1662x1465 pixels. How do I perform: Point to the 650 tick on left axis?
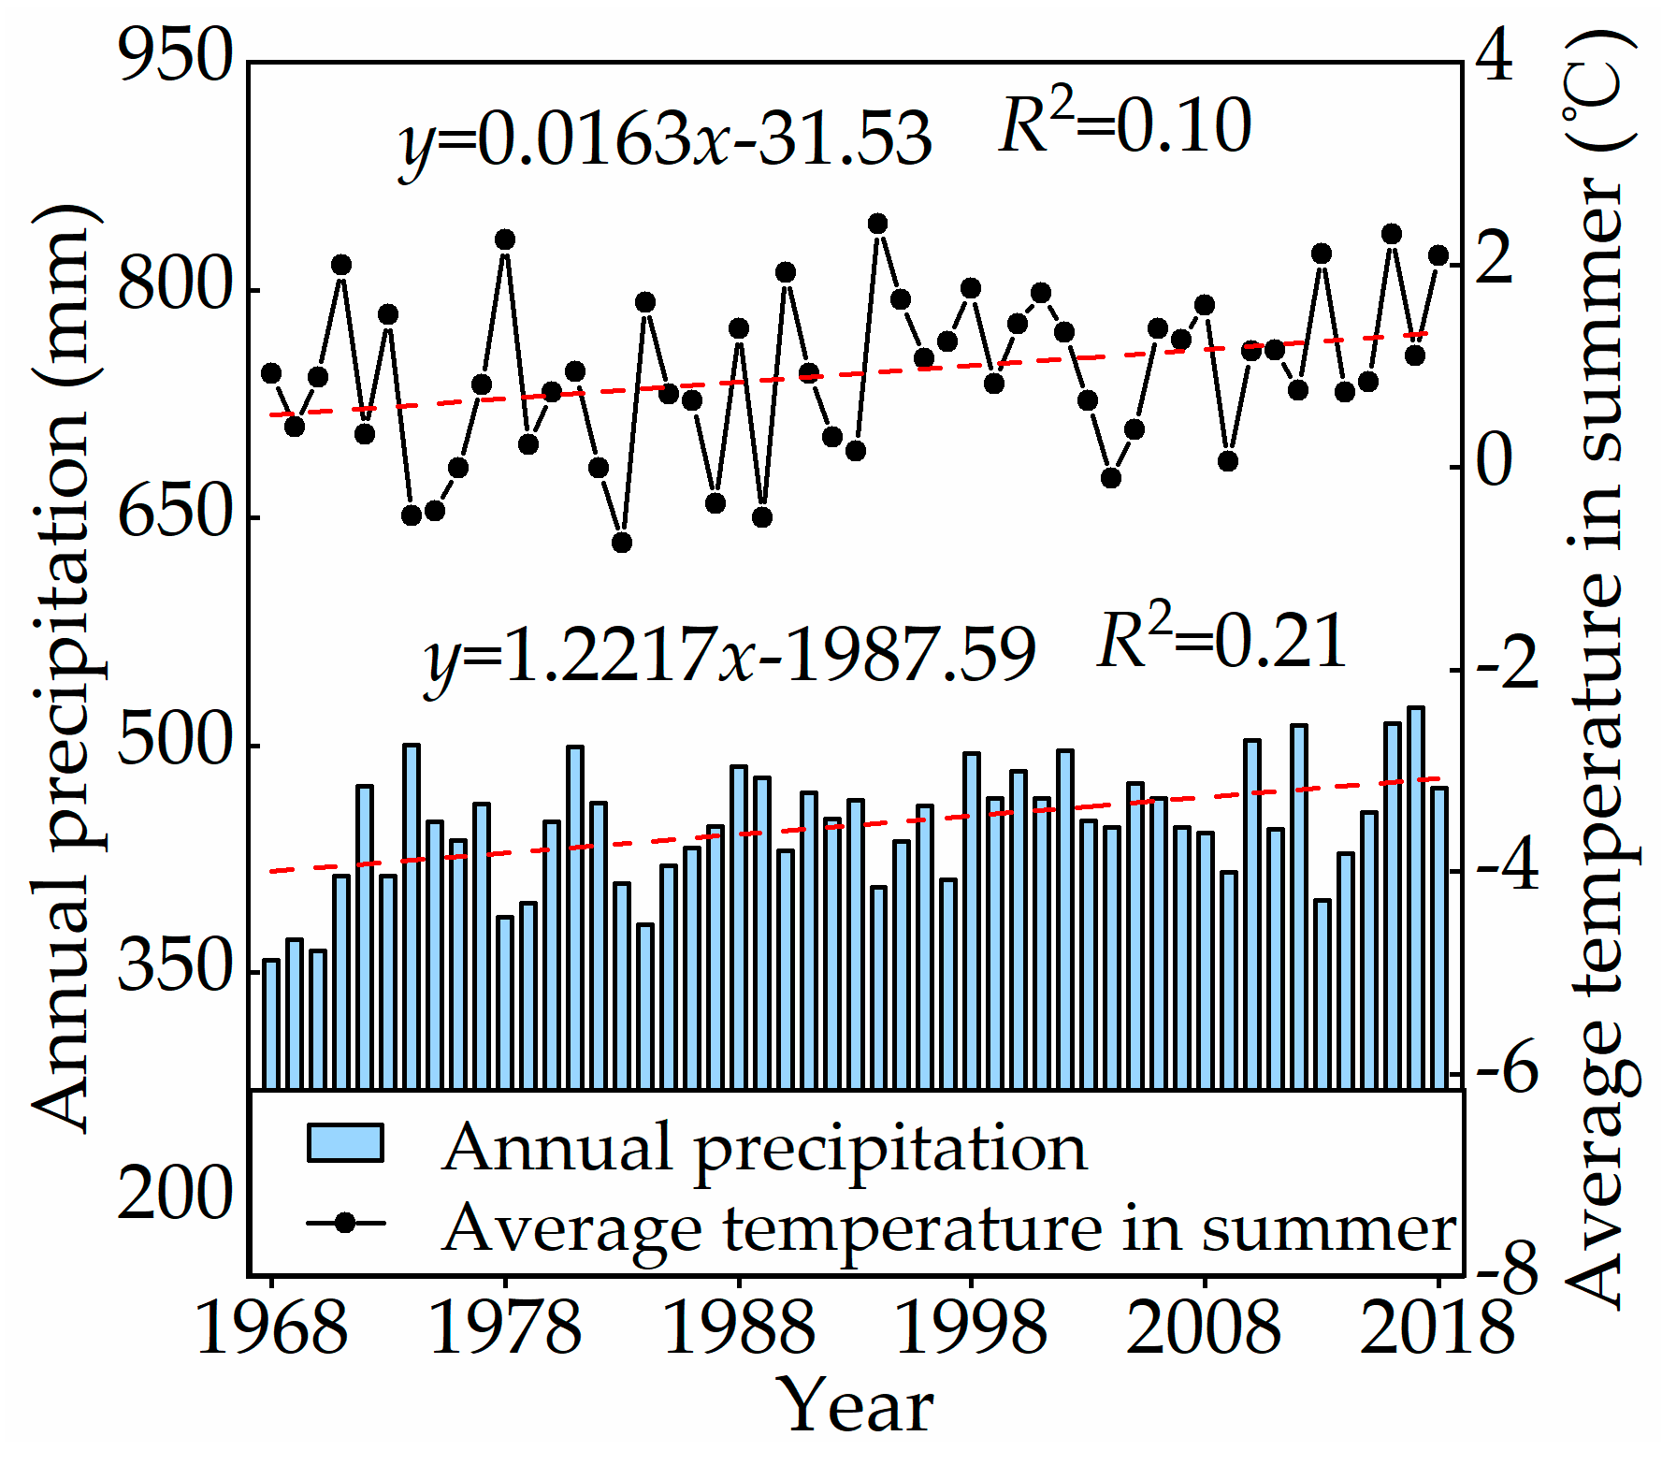(174, 515)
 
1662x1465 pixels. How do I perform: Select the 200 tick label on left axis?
(174, 1194)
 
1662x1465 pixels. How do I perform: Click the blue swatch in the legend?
(345, 1143)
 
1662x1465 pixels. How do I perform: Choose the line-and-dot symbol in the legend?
(345, 1224)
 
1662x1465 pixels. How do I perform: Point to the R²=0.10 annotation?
(1124, 126)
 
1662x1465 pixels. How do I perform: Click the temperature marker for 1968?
(271, 373)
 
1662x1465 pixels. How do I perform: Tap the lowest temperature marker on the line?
(622, 543)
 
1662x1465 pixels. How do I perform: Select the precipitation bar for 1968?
(271, 1024)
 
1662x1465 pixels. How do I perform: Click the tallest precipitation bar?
(1416, 898)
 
